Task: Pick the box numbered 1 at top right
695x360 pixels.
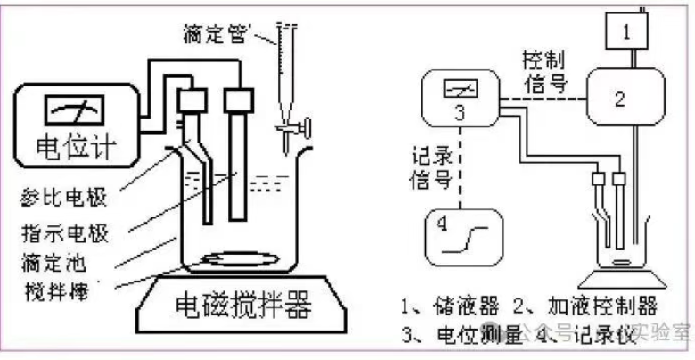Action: [627, 33]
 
